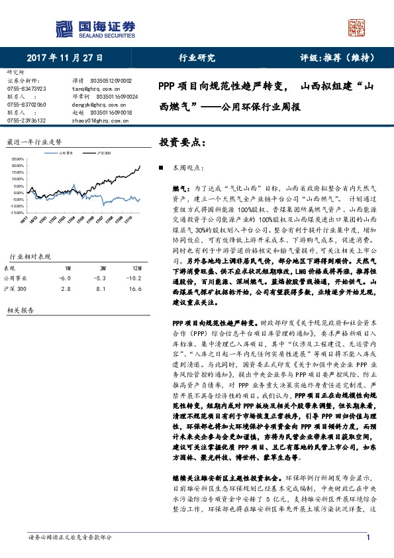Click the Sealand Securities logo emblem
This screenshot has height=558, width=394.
pyautogui.click(x=63, y=27)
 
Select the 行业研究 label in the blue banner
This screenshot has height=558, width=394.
pyautogui.click(x=197, y=58)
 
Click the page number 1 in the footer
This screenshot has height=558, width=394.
pyautogui.click(x=368, y=537)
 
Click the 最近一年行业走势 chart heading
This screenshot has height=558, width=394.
pyautogui.click(x=34, y=141)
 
